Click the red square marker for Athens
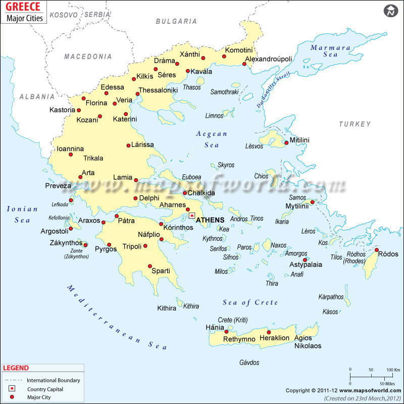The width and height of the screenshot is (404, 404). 192,216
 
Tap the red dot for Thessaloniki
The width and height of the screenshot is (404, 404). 137,94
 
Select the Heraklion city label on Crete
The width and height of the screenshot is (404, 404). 274,338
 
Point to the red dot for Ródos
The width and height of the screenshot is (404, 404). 377,249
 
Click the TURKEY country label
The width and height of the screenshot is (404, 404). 355,124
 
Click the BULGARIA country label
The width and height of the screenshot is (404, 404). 176,21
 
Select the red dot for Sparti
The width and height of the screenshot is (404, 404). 150,266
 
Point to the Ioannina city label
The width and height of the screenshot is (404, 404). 70,148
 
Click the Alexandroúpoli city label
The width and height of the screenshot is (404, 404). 269,59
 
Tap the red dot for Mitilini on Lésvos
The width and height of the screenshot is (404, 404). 286,143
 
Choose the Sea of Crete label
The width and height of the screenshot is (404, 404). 250,302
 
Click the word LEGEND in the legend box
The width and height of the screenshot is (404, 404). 16,368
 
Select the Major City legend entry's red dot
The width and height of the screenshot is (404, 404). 11,397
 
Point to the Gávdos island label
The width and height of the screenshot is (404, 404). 249,363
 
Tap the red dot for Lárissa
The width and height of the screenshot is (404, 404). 128,145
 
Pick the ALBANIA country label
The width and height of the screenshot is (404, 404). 36,96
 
